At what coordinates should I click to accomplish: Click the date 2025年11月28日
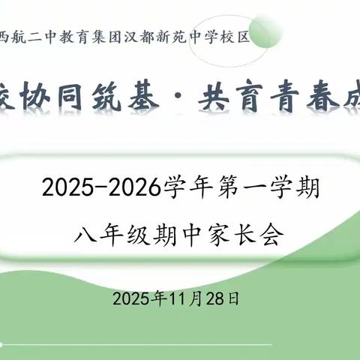point(177,298)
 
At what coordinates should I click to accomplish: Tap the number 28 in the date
point(221,298)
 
